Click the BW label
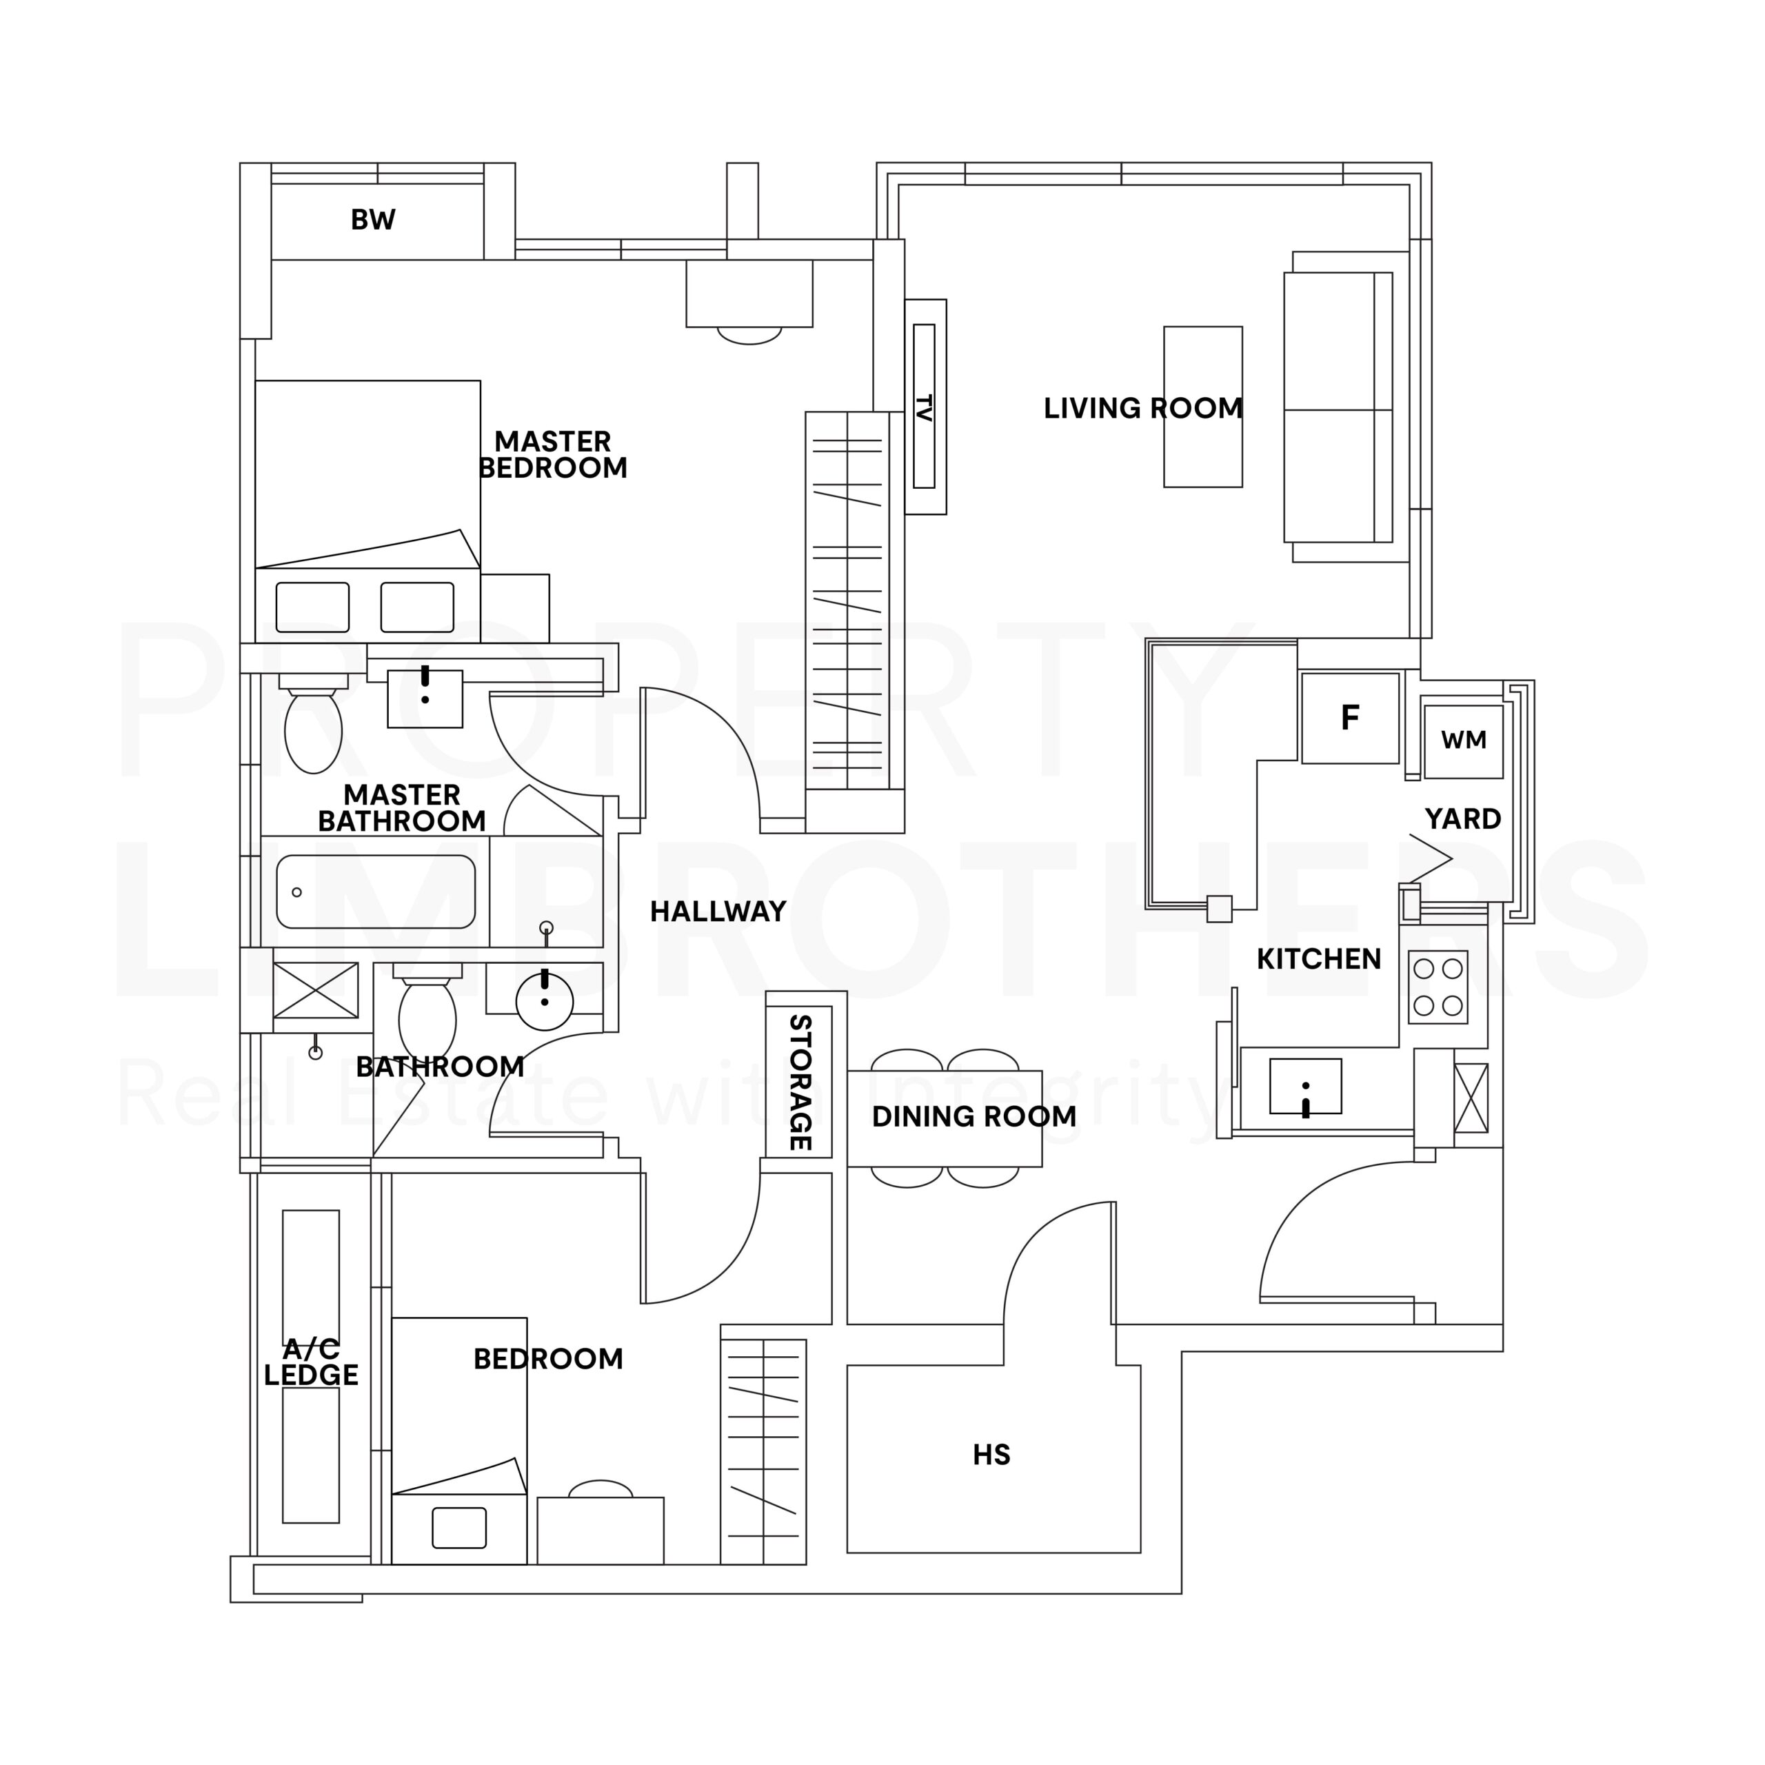tap(373, 220)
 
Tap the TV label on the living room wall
tap(924, 407)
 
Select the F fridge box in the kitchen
tap(1350, 718)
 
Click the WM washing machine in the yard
tap(1464, 741)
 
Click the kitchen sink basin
tap(1305, 1086)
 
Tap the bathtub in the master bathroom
tap(376, 891)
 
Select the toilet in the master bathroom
tap(313, 723)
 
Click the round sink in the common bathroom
tap(545, 1001)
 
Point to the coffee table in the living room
tap(1203, 407)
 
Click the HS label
tap(991, 1454)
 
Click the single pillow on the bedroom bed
tap(458, 1529)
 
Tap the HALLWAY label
tap(718, 911)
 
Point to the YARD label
tap(1462, 818)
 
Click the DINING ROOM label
tap(974, 1116)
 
